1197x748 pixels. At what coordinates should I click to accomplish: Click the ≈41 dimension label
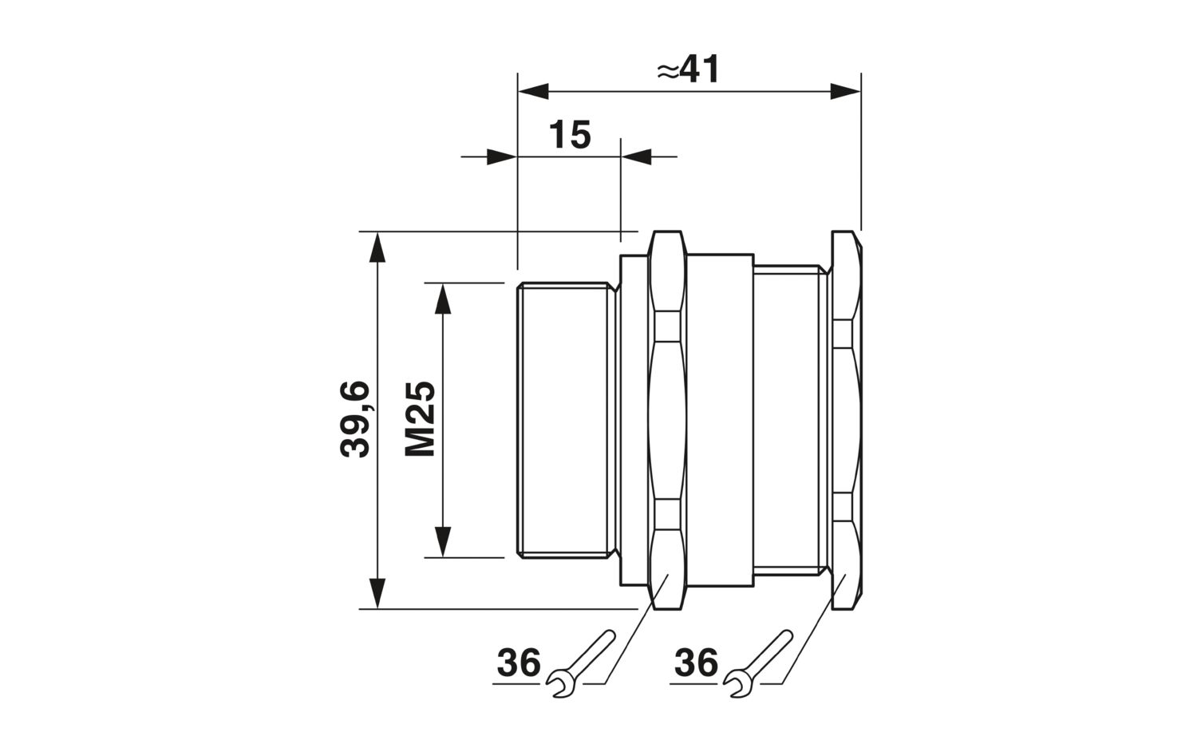pos(689,69)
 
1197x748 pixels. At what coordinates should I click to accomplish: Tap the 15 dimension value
pos(570,135)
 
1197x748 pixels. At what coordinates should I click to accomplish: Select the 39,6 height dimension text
pos(355,419)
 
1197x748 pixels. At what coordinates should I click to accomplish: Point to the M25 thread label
pos(420,418)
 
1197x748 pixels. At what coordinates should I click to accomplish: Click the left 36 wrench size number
pos(519,663)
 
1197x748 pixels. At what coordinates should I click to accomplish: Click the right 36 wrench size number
pos(696,663)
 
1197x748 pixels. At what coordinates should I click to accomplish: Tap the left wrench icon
pos(582,663)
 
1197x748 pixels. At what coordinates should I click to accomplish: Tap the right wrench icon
pos(758,663)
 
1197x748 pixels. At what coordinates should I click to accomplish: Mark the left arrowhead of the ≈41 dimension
pos(533,92)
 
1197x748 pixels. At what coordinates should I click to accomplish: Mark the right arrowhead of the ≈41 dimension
pos(845,92)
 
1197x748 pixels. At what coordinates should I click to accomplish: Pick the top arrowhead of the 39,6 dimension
pos(377,247)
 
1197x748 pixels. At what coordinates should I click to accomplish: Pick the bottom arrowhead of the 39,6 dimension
pos(377,593)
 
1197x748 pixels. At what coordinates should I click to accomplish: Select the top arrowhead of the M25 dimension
pos(442,299)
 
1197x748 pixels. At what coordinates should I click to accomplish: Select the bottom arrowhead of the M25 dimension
pos(442,541)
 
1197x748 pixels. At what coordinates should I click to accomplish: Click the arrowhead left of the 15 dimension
pos(502,156)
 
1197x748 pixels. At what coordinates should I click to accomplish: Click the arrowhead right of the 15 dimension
pos(637,156)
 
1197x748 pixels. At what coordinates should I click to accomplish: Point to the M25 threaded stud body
pos(565,420)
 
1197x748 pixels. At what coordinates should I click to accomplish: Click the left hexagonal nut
pos(667,420)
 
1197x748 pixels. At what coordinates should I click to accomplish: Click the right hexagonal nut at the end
pos(847,420)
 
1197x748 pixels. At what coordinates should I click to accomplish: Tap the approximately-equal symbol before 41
pos(668,72)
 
